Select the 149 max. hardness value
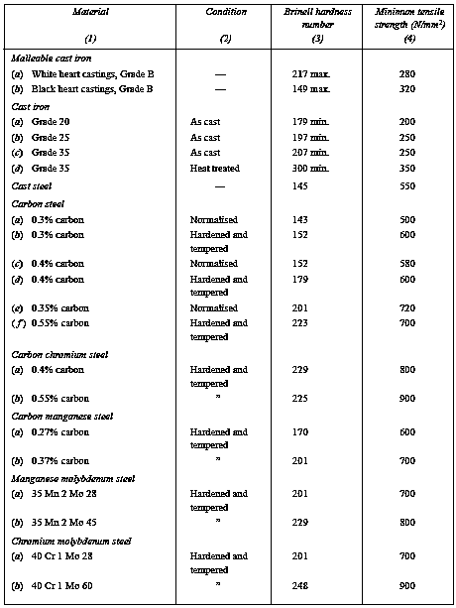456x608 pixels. click(303, 89)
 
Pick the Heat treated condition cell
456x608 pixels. click(216, 169)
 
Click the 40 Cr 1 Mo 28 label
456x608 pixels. click(73, 556)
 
